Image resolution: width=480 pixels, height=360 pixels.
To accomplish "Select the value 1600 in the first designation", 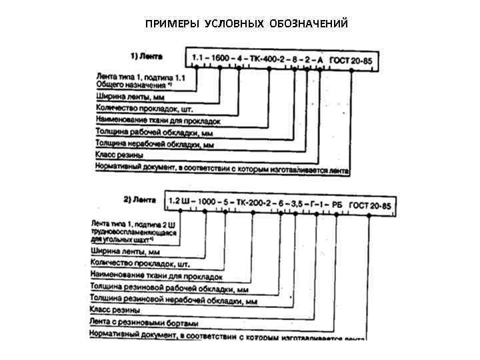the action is point(221,60).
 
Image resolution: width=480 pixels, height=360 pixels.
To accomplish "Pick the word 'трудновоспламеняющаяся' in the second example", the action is point(127,230).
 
